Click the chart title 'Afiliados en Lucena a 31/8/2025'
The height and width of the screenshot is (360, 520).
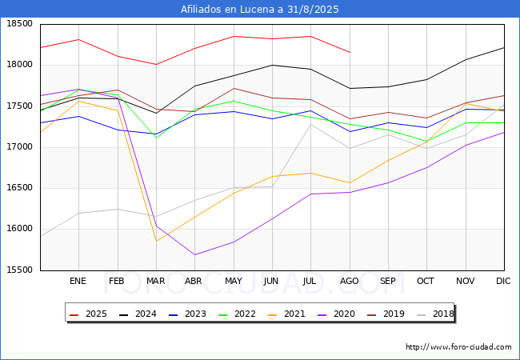(260, 10)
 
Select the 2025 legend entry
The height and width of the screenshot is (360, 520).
(89, 314)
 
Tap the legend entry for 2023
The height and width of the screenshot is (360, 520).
(186, 314)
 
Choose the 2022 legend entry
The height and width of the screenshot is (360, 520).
(235, 314)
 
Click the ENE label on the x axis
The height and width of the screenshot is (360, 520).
(78, 282)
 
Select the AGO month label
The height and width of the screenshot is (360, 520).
(350, 282)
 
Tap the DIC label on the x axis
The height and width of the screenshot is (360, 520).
(503, 282)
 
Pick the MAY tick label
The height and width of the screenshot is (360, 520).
(234, 282)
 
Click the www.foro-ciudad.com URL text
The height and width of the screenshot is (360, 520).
(458, 347)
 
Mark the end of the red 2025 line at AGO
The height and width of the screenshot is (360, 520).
(350, 53)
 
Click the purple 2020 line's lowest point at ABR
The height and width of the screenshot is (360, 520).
(194, 255)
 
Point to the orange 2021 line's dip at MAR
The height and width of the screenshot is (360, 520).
(156, 241)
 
